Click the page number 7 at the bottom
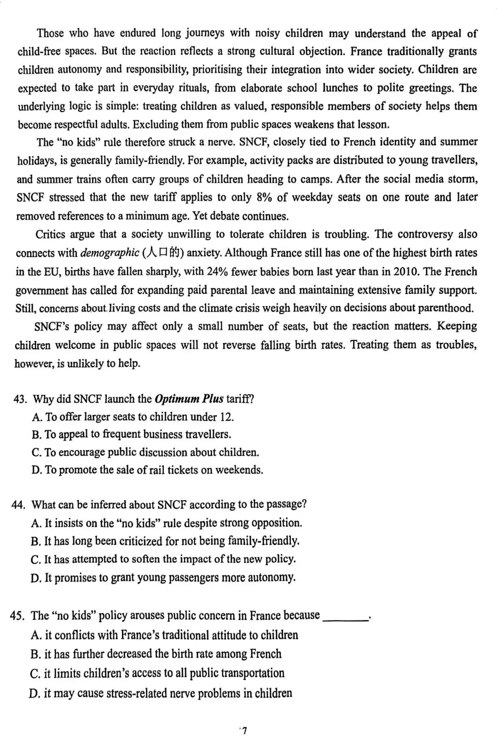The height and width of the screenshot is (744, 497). tap(245, 731)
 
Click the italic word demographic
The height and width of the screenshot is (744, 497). tap(110, 253)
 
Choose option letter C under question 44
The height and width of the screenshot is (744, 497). tap(36, 560)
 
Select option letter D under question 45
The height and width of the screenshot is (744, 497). tap(34, 694)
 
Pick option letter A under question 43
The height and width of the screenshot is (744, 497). tap(37, 417)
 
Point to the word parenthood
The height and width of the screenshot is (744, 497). tap(445, 308)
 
